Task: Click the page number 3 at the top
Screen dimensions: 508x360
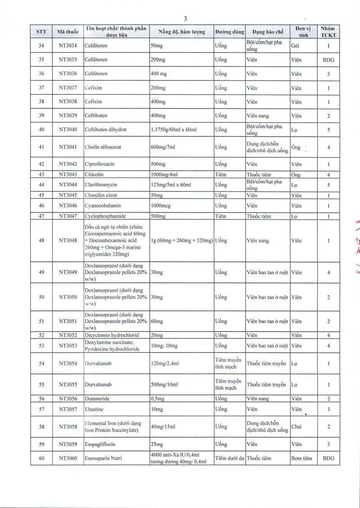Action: click(x=185, y=18)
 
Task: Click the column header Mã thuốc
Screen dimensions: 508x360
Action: click(x=68, y=32)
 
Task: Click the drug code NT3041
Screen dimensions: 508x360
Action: click(x=68, y=147)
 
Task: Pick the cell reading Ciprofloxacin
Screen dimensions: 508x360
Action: click(x=102, y=164)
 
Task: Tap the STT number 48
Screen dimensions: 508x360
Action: click(x=41, y=240)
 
